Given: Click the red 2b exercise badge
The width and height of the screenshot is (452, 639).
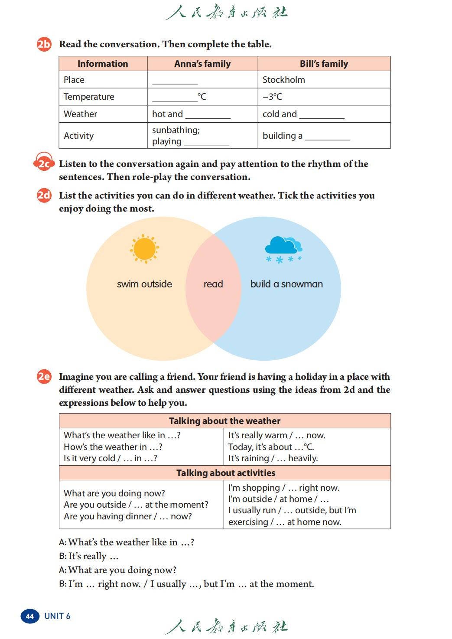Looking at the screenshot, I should pyautogui.click(x=44, y=44).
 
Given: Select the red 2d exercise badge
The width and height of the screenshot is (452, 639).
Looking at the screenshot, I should pyautogui.click(x=44, y=196).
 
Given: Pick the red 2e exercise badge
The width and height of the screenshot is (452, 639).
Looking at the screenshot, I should pyautogui.click(x=44, y=376).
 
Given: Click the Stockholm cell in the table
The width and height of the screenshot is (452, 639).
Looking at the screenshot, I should pyautogui.click(x=283, y=80).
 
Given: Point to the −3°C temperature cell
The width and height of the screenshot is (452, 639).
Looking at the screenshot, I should pyautogui.click(x=272, y=97).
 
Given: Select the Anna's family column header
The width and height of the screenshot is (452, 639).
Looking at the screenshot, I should pyautogui.click(x=202, y=64).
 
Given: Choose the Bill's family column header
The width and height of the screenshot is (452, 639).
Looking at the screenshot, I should pyautogui.click(x=324, y=64).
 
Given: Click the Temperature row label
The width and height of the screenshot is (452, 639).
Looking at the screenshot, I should pyautogui.click(x=89, y=97).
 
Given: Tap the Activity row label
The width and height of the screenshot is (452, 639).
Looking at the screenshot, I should pyautogui.click(x=78, y=136).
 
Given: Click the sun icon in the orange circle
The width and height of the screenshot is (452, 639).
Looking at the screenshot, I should pyautogui.click(x=144, y=249).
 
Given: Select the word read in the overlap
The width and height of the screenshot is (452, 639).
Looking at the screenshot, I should pyautogui.click(x=213, y=284).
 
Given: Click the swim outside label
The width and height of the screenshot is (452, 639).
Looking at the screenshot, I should pyautogui.click(x=144, y=284).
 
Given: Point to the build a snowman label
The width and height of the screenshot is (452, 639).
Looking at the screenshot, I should pyautogui.click(x=286, y=284).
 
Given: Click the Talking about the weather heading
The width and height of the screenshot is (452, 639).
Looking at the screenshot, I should pyautogui.click(x=224, y=421).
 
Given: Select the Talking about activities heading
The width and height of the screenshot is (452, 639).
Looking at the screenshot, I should pyautogui.click(x=225, y=473).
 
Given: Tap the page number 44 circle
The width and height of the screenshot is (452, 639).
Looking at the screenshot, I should pyautogui.click(x=29, y=616).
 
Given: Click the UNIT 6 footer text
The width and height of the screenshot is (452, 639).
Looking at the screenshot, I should pyautogui.click(x=57, y=616).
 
